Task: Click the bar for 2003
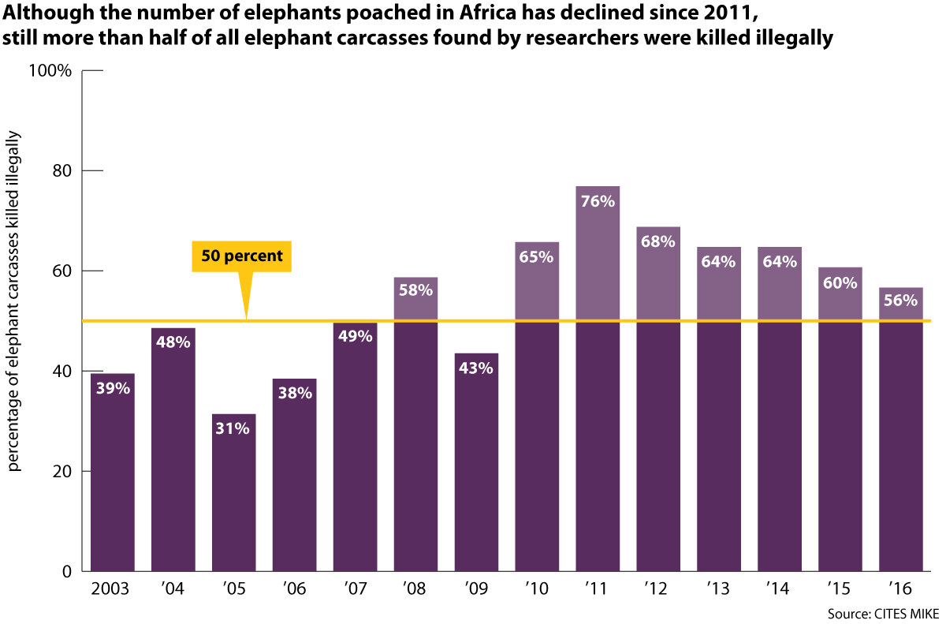[x=113, y=473]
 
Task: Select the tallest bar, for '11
[x=598, y=379]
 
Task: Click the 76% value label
[x=598, y=201]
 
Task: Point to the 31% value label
[x=234, y=428]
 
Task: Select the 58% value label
[x=415, y=290]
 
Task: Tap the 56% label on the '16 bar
[x=900, y=301]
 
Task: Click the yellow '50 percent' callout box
[x=242, y=256]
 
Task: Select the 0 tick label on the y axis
[x=69, y=572]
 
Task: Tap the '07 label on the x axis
[x=355, y=589]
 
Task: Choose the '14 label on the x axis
[x=779, y=589]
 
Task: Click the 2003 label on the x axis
[x=112, y=589]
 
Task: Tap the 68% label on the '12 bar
[x=657, y=241]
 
